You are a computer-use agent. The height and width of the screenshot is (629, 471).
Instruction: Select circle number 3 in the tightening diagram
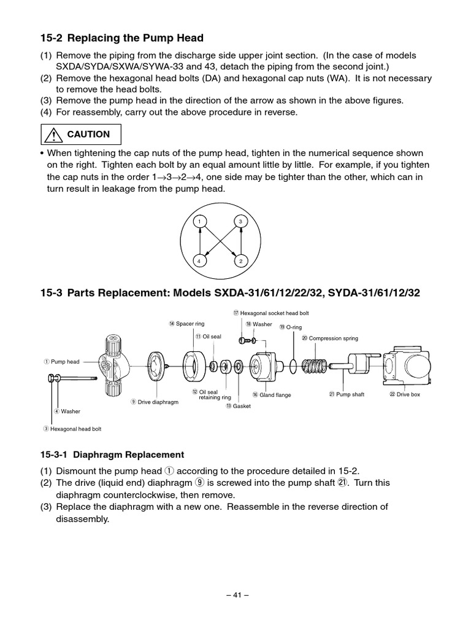[x=241, y=221]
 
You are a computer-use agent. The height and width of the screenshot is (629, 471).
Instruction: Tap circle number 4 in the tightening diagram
[x=199, y=261]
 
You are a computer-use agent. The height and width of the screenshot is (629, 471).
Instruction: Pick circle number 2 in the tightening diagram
[x=241, y=261]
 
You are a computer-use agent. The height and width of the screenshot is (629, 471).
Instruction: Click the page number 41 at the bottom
[x=235, y=595]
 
